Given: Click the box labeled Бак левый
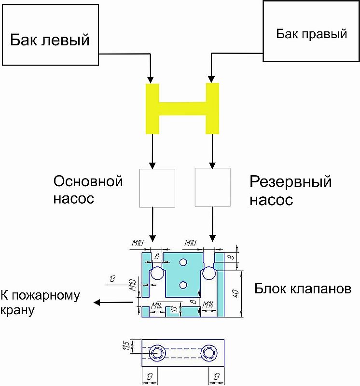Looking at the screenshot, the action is click(x=50, y=35).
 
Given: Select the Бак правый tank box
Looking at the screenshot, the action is click(x=311, y=31).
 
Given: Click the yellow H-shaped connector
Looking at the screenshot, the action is click(x=182, y=109).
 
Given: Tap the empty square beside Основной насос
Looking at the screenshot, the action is click(x=157, y=188).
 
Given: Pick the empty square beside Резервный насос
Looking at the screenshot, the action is click(x=213, y=187).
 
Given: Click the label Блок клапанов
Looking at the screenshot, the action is click(x=303, y=289).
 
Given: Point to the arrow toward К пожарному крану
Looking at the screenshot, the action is click(x=113, y=302).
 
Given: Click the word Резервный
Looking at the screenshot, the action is click(x=291, y=182).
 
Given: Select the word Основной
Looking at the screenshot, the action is click(x=88, y=181).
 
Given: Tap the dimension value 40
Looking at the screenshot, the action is click(x=235, y=293).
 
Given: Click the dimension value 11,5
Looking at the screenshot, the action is click(x=126, y=346).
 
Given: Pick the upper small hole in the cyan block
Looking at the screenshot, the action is click(x=183, y=262).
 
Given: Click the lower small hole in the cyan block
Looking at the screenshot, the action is click(x=183, y=285).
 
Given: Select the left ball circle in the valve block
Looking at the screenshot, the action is click(x=157, y=273).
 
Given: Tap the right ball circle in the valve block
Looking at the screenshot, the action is click(x=209, y=273).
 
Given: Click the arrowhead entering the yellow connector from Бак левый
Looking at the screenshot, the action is click(x=151, y=80).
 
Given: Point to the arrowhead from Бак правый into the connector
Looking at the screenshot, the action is click(x=211, y=79).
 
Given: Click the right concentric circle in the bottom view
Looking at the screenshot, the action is click(x=209, y=353).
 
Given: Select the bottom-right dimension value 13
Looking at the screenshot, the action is click(x=217, y=376).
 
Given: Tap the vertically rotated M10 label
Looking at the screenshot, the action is click(x=133, y=285).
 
